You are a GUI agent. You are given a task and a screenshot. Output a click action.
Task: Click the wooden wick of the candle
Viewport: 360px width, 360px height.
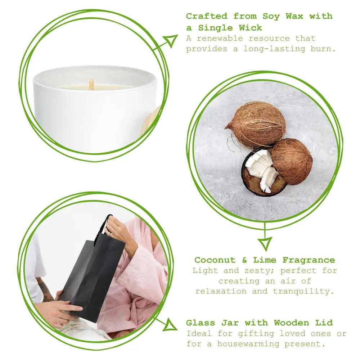(x=91, y=84)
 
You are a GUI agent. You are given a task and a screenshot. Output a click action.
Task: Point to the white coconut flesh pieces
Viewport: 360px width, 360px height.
(x=262, y=169)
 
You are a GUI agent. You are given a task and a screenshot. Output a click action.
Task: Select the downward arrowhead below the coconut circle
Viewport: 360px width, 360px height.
(x=265, y=243)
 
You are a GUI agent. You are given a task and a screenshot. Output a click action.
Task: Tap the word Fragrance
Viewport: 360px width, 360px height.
(x=309, y=260)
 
